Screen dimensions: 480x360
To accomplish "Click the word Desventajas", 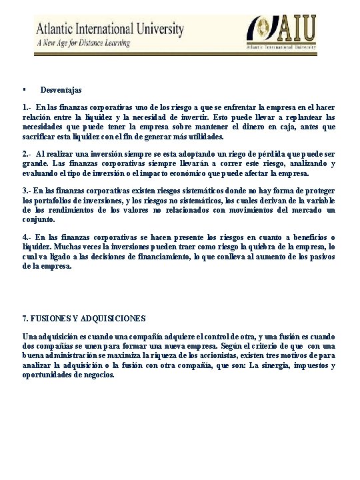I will (x=61, y=89).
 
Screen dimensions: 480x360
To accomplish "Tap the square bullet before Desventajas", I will (x=23, y=88).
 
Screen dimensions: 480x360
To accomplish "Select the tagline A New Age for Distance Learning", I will (x=83, y=43).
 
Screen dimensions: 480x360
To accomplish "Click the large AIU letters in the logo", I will (x=297, y=31).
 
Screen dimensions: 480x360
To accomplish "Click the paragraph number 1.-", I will (x=27, y=107).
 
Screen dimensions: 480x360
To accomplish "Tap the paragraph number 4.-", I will (x=27, y=237).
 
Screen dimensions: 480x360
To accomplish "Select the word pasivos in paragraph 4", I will (x=320, y=256).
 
